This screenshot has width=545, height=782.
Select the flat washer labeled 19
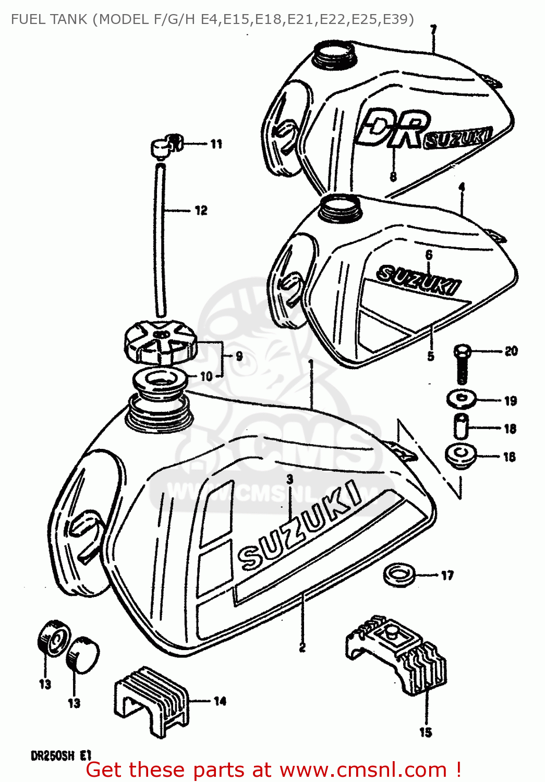coord(461,399)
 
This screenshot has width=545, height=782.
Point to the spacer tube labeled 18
coord(461,427)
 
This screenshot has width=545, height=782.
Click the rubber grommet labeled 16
coord(461,455)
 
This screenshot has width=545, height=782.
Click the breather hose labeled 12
coord(160,240)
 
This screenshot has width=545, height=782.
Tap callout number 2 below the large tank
coord(302,647)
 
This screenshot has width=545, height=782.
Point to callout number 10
coord(207,376)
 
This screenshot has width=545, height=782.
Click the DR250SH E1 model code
coord(61,755)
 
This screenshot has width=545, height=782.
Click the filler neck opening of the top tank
coord(334,53)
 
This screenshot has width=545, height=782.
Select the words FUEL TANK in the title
coord(49,19)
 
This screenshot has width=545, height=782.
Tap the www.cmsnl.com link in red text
coord(363,770)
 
